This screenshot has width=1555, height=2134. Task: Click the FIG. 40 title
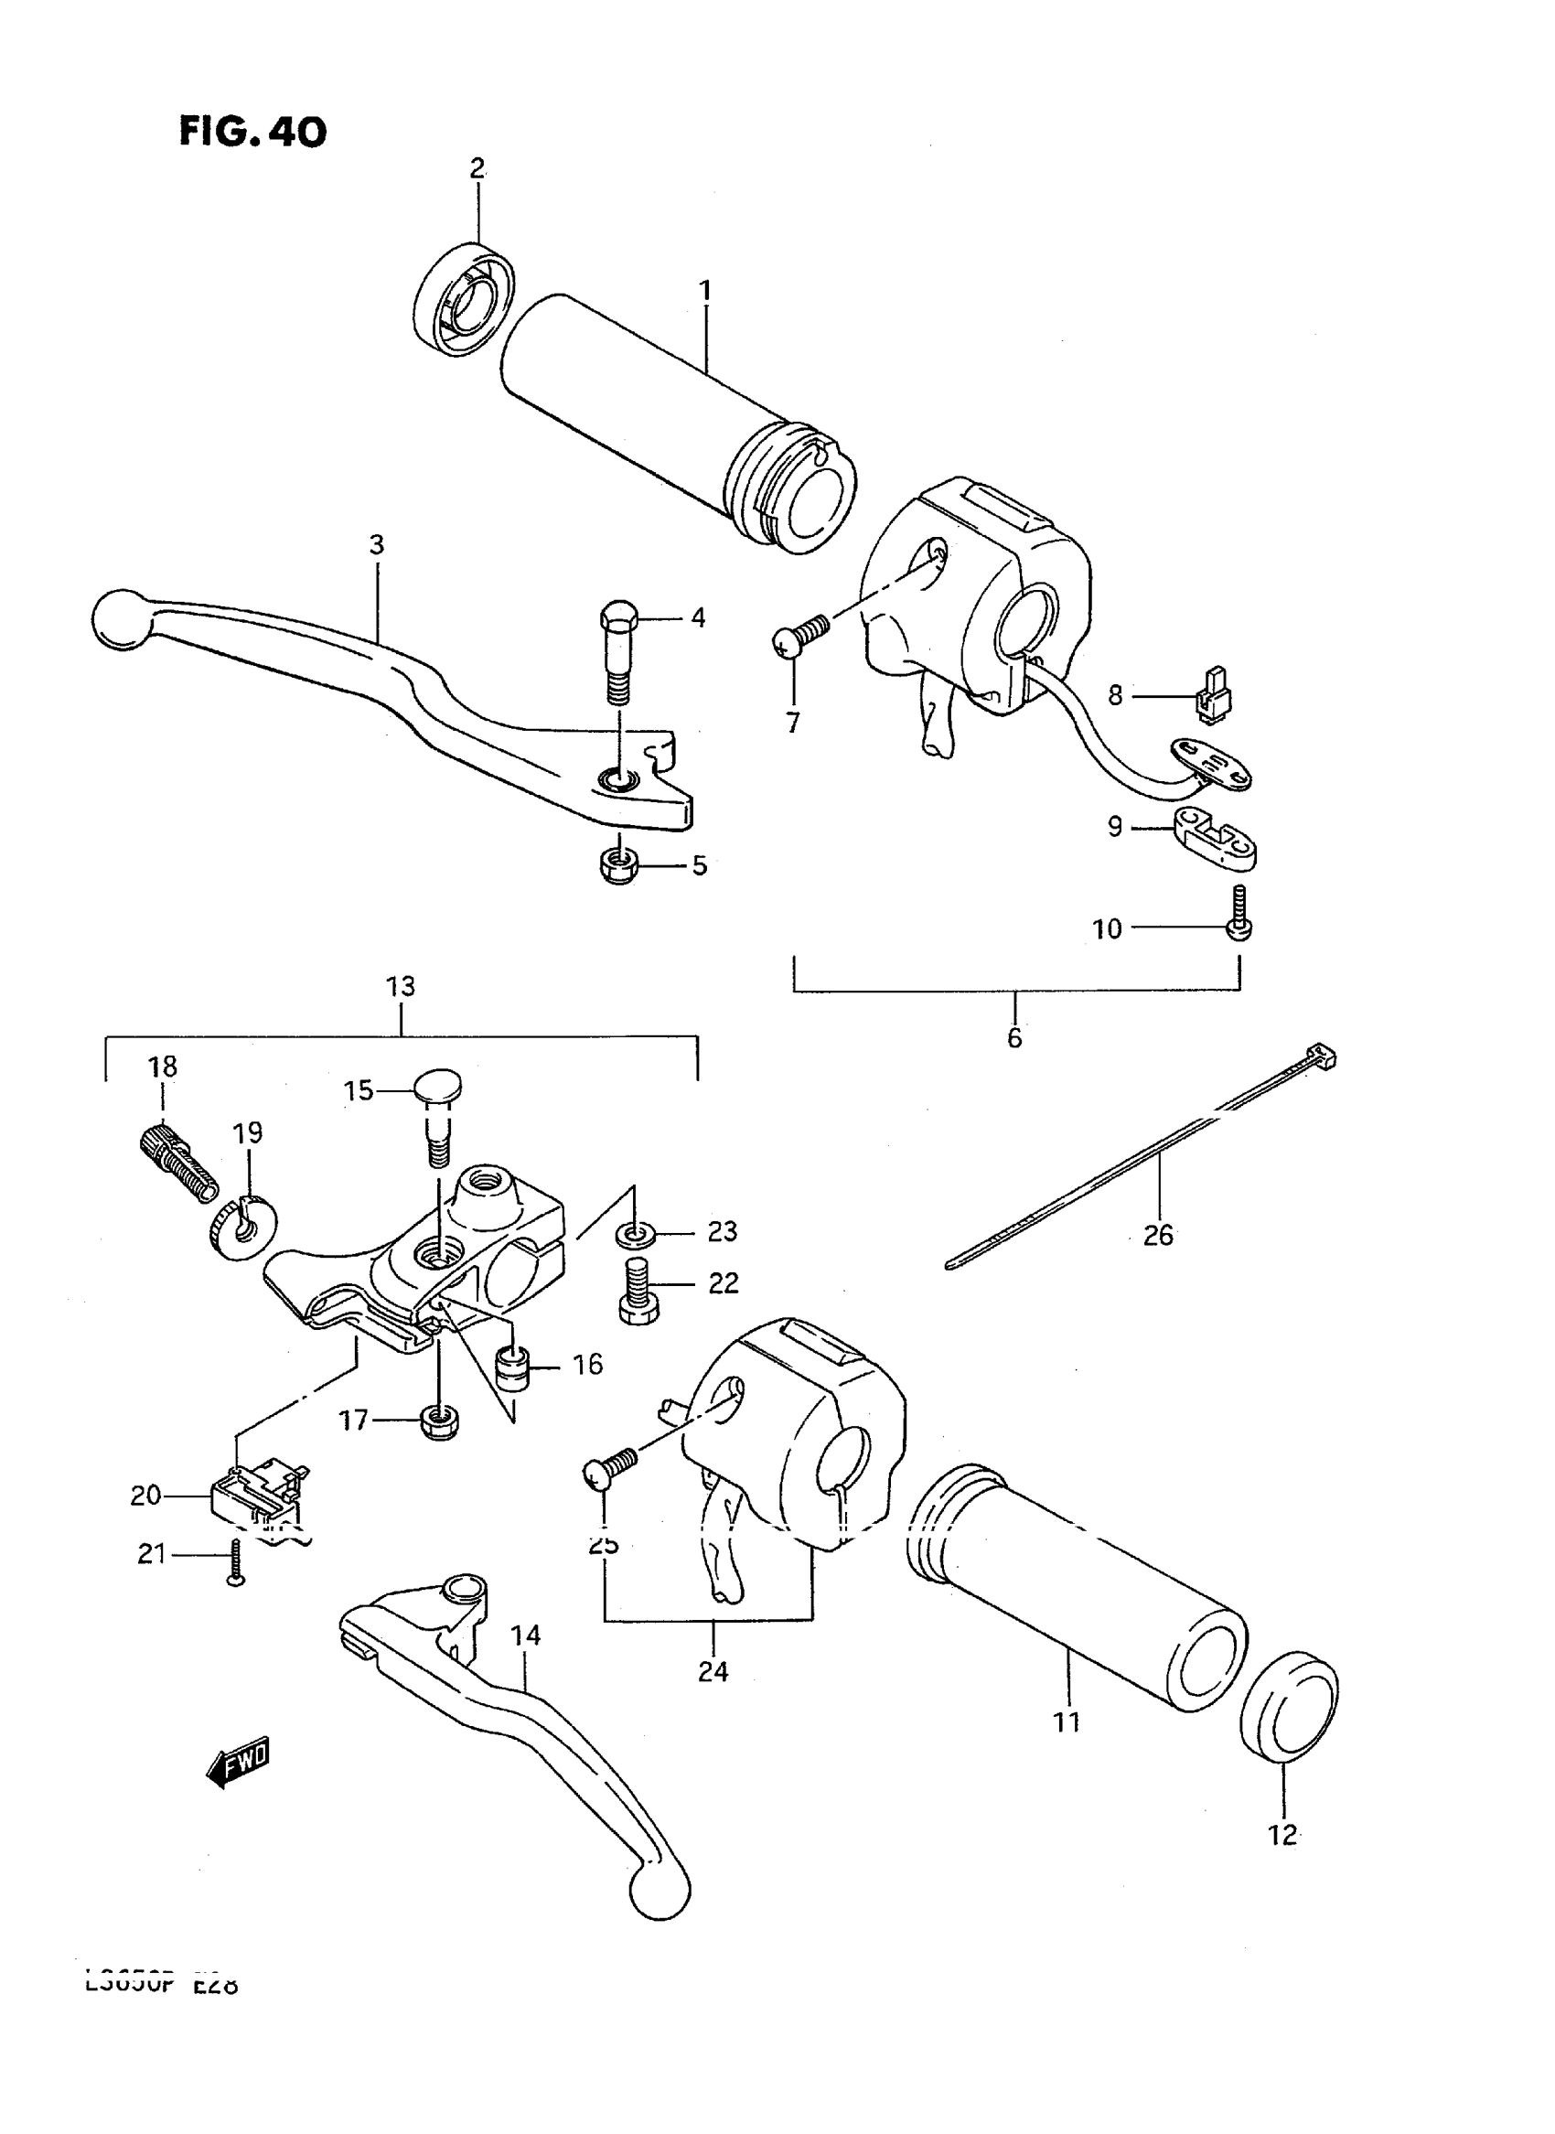[x=252, y=133]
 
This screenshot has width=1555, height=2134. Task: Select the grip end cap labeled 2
[x=463, y=299]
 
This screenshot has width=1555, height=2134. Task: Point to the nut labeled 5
[x=618, y=864]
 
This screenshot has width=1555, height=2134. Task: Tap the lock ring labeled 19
[x=230, y=1229]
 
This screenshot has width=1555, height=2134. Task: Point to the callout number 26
[x=1158, y=1235]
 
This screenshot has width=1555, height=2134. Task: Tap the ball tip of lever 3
[x=122, y=618]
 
